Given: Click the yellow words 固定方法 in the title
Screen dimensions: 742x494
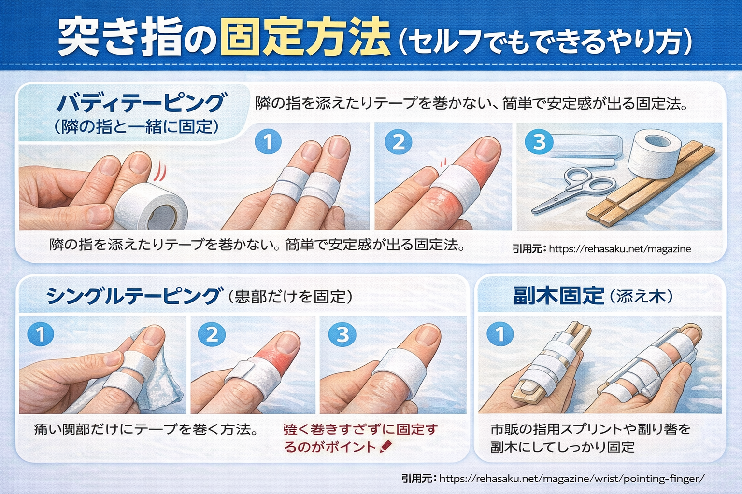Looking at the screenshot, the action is coord(304,37).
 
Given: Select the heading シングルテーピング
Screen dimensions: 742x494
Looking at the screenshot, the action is coord(133,296).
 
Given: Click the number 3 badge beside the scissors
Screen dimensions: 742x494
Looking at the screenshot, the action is coord(539,142).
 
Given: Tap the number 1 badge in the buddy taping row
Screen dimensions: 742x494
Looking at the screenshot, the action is coord(268,142).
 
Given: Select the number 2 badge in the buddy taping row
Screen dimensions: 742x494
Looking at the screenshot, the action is coord(399,142).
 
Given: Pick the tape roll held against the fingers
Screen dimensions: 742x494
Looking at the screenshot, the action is coord(151,207).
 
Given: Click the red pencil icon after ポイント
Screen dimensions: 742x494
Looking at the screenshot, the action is coord(386,447).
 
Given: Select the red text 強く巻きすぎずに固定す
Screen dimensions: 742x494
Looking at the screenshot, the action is coord(360,429).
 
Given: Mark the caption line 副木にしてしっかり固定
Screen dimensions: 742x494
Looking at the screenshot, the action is coord(562,447).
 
